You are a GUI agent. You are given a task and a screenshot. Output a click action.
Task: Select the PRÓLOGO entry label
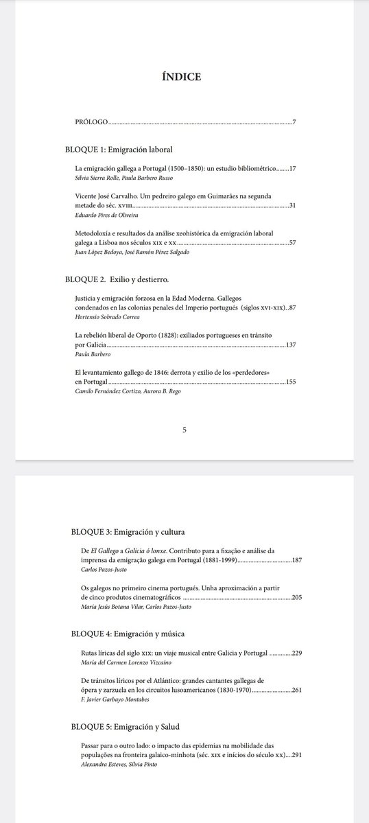92,122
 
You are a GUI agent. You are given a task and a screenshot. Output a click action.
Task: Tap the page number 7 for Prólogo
294,122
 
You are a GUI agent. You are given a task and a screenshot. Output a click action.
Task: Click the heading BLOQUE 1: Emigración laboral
118,149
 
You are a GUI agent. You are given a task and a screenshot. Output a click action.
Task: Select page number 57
291,243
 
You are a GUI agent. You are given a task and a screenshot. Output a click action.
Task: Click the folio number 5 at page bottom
184,430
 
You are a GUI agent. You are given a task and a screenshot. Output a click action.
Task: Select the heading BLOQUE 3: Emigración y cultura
128,531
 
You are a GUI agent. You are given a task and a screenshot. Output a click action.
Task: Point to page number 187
296,560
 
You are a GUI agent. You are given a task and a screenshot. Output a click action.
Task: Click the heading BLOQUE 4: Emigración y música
128,634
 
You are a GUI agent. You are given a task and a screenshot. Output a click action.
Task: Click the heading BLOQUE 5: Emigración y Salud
124,725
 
